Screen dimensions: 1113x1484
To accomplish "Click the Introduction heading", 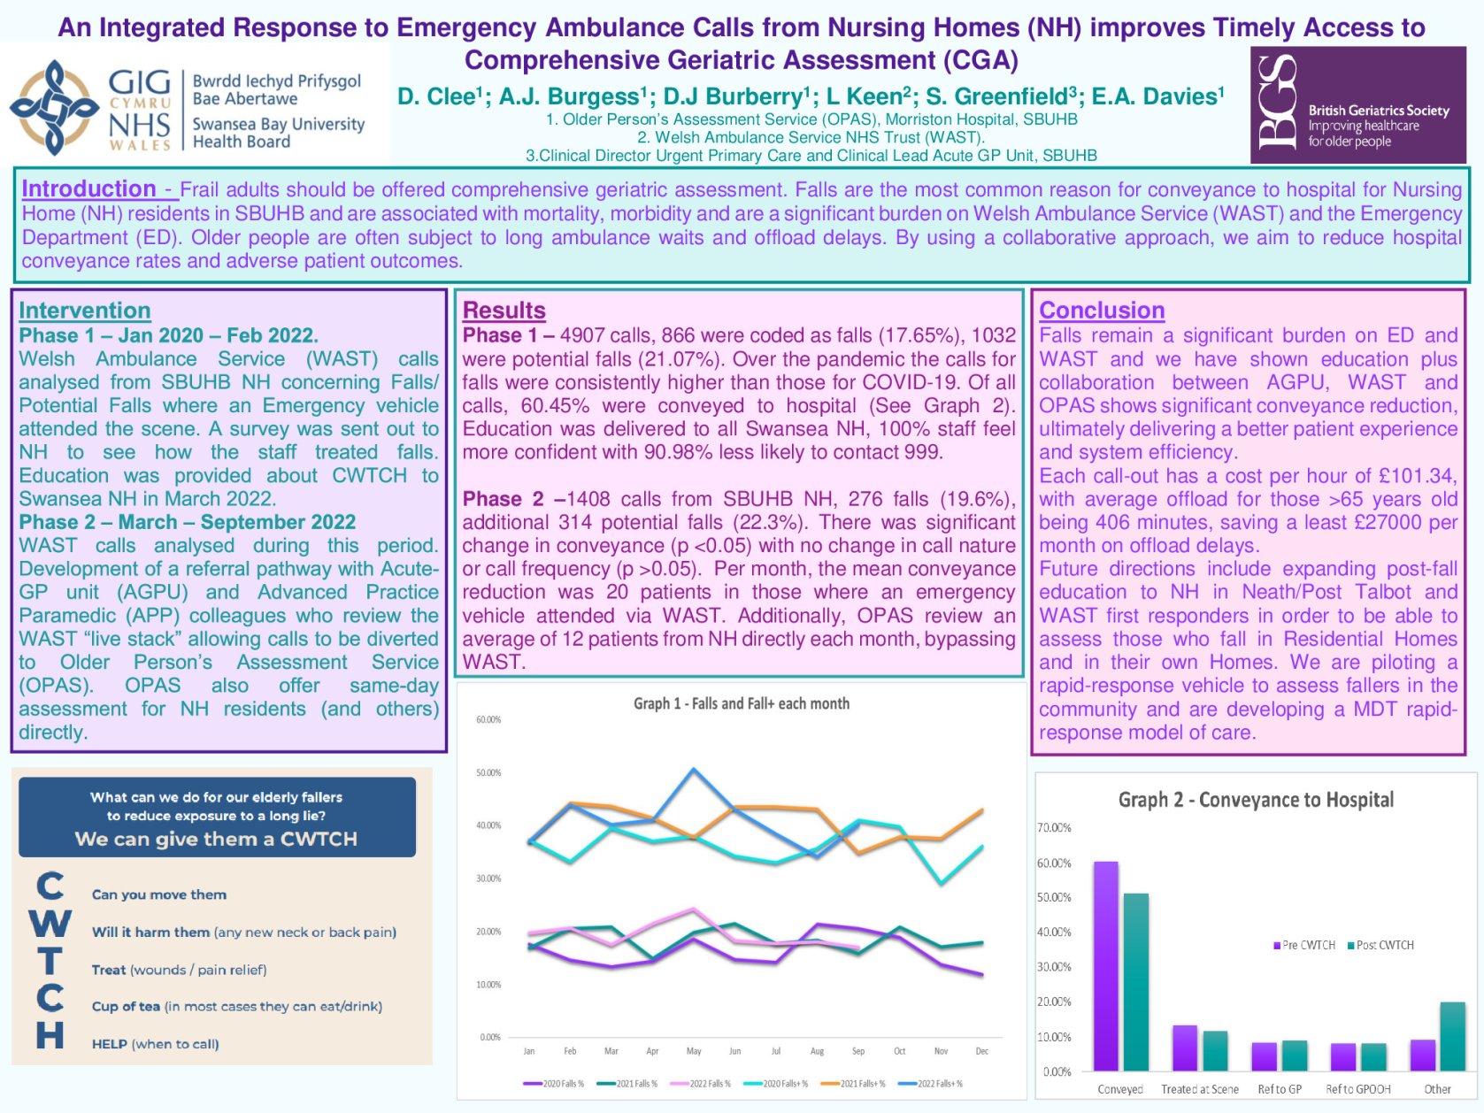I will (x=88, y=189).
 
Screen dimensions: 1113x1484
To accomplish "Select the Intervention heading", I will (x=85, y=311).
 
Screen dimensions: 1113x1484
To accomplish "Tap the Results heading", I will (x=504, y=311).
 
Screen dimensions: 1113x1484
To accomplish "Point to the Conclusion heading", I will (x=1102, y=311).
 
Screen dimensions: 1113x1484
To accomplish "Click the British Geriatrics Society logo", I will (x=1357, y=105).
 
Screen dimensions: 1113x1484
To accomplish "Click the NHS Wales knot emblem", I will (x=54, y=107).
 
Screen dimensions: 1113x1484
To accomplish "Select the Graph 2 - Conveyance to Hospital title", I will (x=1256, y=800).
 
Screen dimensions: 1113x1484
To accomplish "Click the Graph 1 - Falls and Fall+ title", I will (x=741, y=703).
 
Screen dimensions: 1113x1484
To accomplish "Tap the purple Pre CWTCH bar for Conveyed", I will (x=1105, y=965).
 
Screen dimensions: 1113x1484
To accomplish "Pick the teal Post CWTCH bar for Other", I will (x=1452, y=1036).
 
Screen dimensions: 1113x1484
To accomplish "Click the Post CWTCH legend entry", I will (x=1380, y=945).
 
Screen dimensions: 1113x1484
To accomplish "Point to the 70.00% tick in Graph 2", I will (x=1054, y=828).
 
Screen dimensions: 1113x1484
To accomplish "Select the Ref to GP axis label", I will (x=1280, y=1089).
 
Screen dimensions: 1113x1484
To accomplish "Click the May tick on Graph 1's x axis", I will (x=694, y=1051).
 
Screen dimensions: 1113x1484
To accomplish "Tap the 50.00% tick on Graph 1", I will (x=488, y=772).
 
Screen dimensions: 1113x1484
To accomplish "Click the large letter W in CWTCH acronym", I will (x=50, y=923).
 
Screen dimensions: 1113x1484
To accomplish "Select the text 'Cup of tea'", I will (x=126, y=1007).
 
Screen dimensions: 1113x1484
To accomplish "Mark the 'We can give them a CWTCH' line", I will (x=216, y=839).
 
